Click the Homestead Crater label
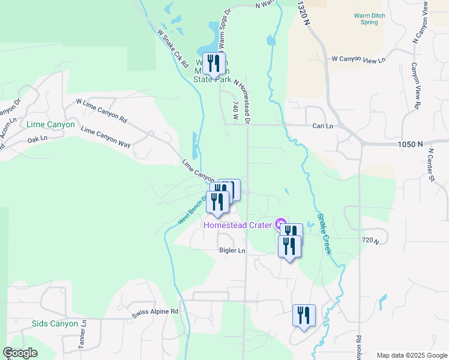coord(238,226)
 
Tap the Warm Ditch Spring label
coord(366,18)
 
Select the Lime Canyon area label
coord(51,125)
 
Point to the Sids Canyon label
coord(55,324)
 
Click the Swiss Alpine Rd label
coord(155,312)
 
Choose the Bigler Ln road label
coord(232,250)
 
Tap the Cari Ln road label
coord(322,126)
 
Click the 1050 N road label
coord(411,144)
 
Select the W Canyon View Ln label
coord(358,60)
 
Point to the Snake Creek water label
coord(324,234)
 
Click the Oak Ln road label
coord(37,140)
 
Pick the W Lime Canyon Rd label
coord(101,111)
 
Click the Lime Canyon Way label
coord(106,137)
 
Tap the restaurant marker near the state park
coord(214,64)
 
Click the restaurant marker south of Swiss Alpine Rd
coord(304,316)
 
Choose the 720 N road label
coord(372,241)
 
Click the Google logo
coord(20,353)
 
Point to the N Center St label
coord(431,167)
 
